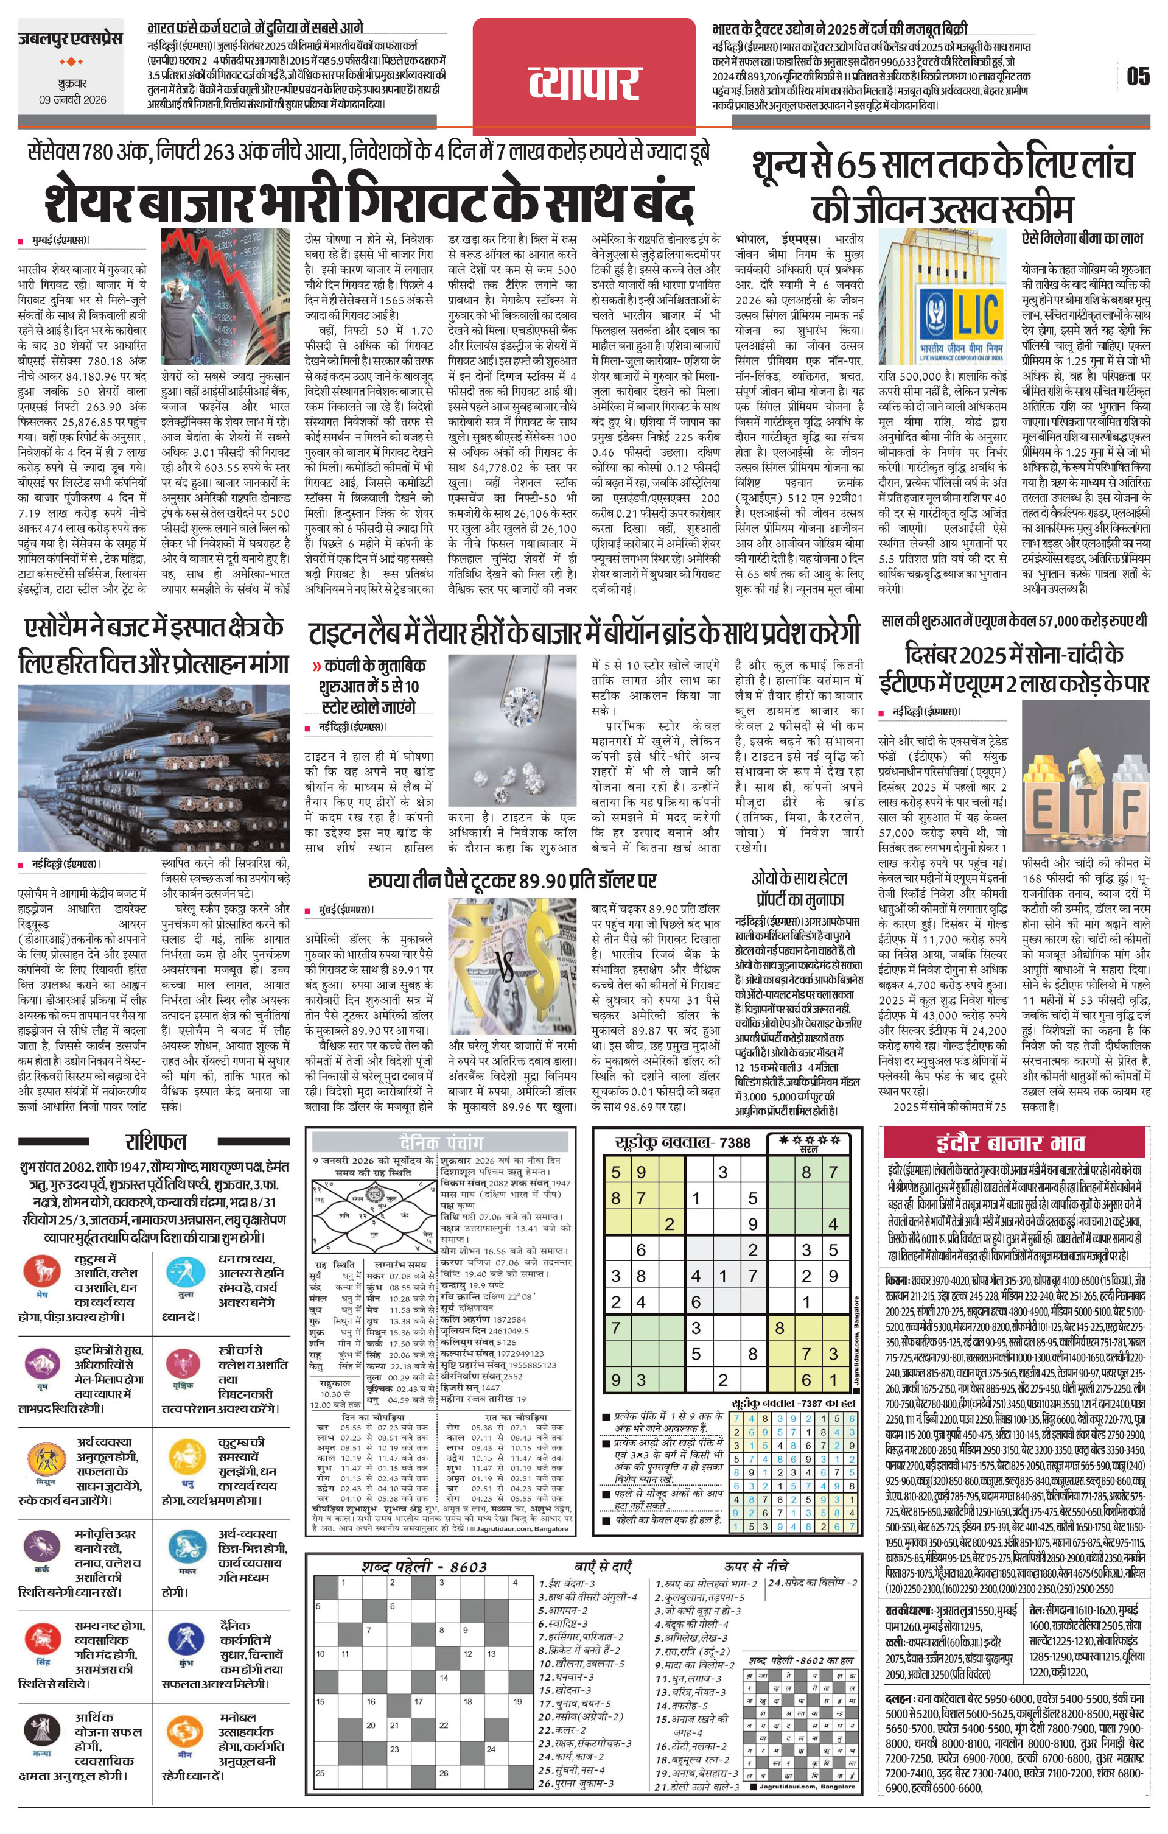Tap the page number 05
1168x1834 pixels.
click(x=1138, y=76)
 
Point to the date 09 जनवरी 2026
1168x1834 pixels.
click(x=72, y=100)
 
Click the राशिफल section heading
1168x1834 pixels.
click(x=155, y=1142)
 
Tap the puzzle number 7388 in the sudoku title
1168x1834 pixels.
click(x=734, y=1142)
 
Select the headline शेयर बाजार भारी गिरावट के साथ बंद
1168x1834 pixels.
click(x=368, y=201)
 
